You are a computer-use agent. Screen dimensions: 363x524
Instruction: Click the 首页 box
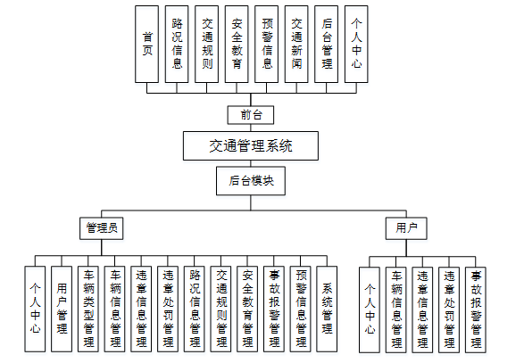coord(147,44)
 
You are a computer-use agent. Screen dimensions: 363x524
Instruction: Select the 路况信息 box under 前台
coord(177,44)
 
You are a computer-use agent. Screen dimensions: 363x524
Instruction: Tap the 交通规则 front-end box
coord(207,44)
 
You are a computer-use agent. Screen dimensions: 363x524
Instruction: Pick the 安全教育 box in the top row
coord(237,44)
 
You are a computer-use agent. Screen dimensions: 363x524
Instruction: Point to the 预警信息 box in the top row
coord(267,44)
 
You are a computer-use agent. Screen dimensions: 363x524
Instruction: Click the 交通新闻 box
coord(296,44)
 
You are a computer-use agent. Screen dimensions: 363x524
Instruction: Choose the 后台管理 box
coord(327,44)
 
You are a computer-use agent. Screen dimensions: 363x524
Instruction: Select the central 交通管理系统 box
coord(250,144)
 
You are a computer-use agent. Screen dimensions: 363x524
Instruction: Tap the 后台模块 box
coord(251,180)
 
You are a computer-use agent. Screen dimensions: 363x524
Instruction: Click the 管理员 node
coord(101,227)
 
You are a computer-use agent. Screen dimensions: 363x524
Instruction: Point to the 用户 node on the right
coord(406,227)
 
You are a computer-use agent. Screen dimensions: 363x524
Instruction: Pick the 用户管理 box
coord(62,309)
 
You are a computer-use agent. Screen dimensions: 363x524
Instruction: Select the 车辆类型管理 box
coord(88,309)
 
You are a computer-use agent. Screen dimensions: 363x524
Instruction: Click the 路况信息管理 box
coord(195,309)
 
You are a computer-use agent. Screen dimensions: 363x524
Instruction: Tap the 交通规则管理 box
coord(222,309)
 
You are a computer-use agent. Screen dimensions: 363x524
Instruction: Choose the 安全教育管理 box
coord(249,309)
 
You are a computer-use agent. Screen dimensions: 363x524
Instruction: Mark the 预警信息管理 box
coord(303,309)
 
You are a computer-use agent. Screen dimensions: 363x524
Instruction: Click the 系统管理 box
coord(329,309)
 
